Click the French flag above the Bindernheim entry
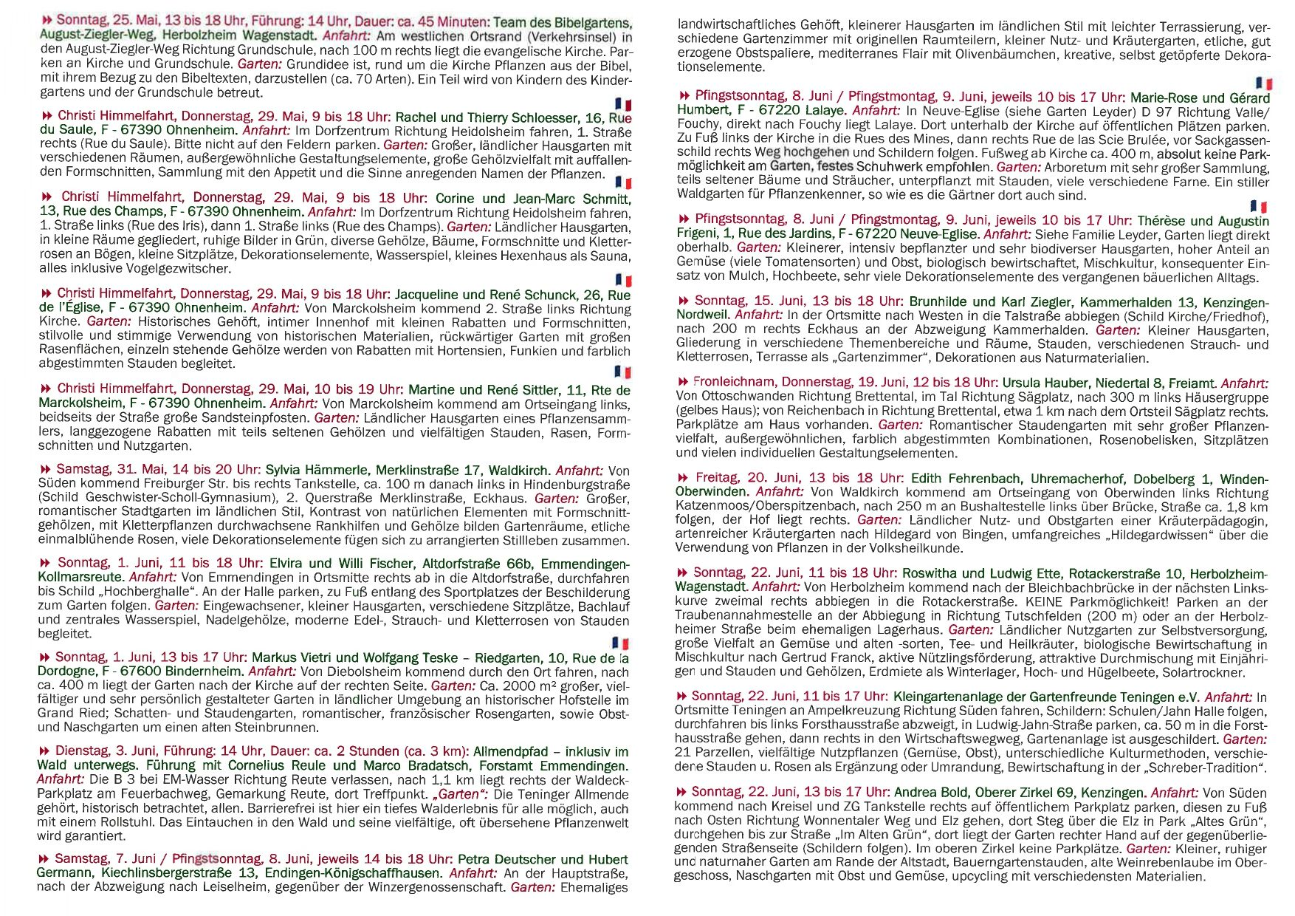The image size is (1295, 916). pyautogui.click(x=620, y=643)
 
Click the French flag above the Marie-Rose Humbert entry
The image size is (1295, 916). pyautogui.click(x=1264, y=83)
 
